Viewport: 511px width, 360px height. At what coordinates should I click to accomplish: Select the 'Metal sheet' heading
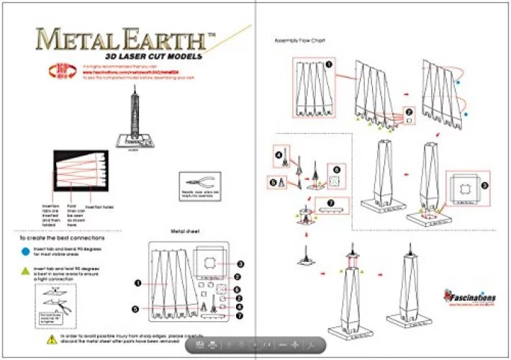coord(184,232)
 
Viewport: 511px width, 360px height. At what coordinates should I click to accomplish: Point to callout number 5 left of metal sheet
coord(136,308)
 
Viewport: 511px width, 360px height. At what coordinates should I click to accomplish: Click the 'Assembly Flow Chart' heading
coord(299,40)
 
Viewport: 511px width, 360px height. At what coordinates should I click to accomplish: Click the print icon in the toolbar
coord(214,345)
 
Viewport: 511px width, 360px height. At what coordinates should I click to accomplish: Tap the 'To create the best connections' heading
coord(62,237)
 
